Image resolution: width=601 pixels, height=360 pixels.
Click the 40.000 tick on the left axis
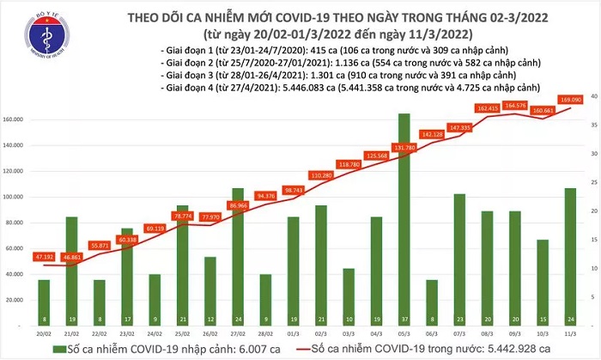[x=17, y=275]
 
